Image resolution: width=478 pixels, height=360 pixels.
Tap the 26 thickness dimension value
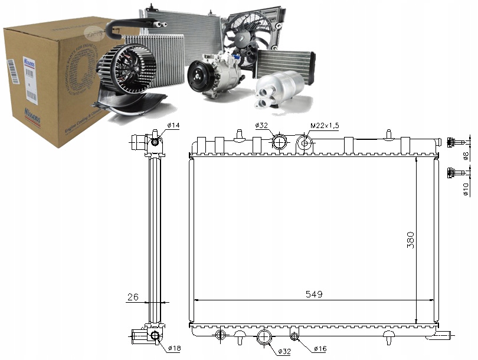tap(133, 297)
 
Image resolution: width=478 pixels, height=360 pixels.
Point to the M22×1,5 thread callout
tap(326, 126)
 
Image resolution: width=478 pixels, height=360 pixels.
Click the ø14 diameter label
tap(173, 126)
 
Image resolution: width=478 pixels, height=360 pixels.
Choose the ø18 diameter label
tap(173, 348)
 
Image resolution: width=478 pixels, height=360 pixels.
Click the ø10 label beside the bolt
tap(466, 188)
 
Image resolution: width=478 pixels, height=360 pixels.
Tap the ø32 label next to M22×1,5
tap(262, 126)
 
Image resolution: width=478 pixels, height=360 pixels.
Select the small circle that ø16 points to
tap(294, 336)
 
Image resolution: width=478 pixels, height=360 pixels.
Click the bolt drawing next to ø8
tap(454, 142)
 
